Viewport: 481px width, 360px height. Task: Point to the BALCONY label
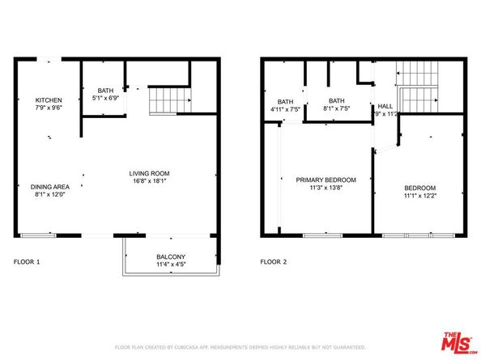coord(171,256)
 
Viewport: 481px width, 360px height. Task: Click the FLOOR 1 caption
coord(27,262)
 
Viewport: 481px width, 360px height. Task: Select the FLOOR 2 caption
coord(273,262)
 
